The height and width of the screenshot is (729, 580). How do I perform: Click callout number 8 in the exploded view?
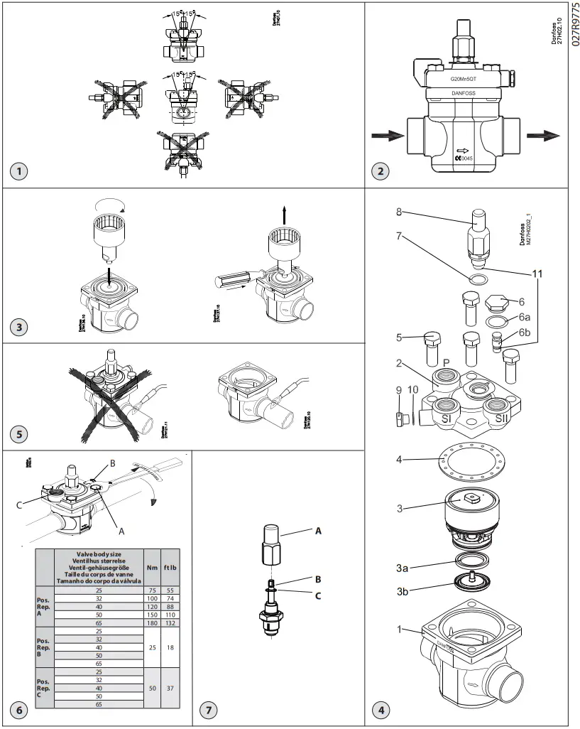[x=400, y=211]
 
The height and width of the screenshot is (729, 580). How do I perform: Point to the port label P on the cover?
[x=447, y=361]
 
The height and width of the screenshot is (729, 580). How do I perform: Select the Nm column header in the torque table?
[x=151, y=561]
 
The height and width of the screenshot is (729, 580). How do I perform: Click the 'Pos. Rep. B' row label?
[x=44, y=647]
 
